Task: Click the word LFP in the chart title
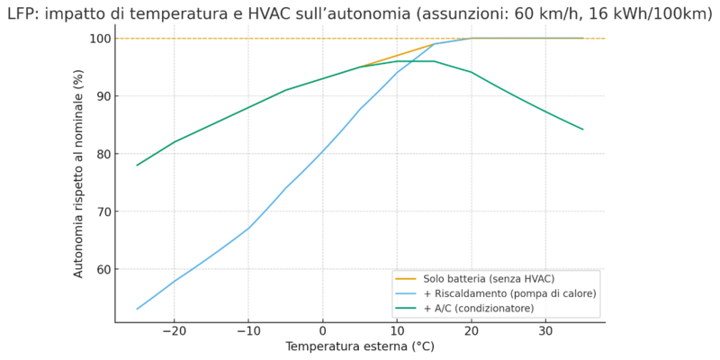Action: [23, 13]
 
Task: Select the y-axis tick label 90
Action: [101, 96]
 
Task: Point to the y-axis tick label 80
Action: [101, 154]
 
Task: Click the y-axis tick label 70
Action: [101, 211]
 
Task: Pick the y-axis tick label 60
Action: [101, 269]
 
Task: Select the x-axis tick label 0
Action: [322, 331]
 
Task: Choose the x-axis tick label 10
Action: [397, 331]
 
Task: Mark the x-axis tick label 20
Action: [472, 331]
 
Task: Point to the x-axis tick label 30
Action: [545, 331]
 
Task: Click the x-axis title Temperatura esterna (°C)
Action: [359, 346]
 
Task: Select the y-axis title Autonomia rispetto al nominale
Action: [79, 174]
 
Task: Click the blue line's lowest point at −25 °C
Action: [137, 309]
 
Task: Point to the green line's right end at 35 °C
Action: [583, 130]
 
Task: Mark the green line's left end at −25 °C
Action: [137, 165]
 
